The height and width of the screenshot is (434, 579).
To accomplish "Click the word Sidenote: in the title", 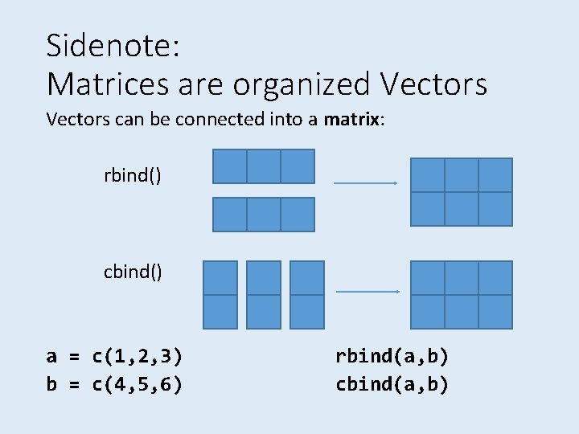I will (x=113, y=46).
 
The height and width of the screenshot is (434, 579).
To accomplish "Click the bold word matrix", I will (x=352, y=121).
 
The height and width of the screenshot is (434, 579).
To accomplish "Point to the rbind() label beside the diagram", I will (x=133, y=174).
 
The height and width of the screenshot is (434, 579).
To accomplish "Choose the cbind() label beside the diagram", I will (x=133, y=272).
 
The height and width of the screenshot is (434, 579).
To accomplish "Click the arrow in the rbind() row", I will (x=366, y=183).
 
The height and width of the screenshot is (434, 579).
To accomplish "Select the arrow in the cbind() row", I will (x=366, y=291).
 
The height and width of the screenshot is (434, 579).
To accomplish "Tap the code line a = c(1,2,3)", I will (x=114, y=356).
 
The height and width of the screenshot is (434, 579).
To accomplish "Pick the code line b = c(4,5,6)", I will (x=114, y=384).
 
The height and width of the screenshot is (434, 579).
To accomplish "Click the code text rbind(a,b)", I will (x=392, y=356).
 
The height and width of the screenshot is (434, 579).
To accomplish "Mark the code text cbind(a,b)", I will (x=392, y=384).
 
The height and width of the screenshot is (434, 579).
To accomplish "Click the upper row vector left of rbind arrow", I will (x=264, y=166).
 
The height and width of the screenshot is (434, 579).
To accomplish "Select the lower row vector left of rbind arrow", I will (x=264, y=215).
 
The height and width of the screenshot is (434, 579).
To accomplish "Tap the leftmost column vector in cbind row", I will (x=220, y=294).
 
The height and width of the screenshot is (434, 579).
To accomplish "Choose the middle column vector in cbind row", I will (x=264, y=294).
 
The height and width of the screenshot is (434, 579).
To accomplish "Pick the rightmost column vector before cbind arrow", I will (x=306, y=294).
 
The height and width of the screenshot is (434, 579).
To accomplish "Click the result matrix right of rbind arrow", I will (x=462, y=191).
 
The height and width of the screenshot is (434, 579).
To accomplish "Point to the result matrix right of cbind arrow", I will (x=462, y=294).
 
